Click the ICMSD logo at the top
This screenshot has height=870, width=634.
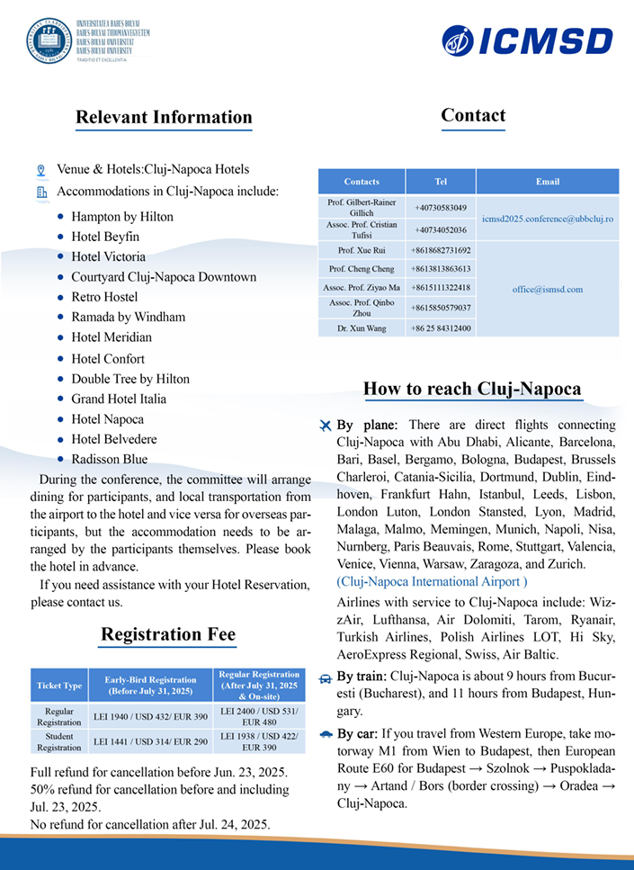pos(527,40)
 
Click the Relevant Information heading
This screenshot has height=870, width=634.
pos(164,117)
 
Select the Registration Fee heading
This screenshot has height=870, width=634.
pos(168,634)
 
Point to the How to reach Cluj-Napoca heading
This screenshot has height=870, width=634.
pos(472,389)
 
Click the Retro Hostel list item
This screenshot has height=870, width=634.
pos(104,297)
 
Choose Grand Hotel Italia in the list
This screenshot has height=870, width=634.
pos(119,399)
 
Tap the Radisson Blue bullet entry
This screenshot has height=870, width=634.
pos(109,459)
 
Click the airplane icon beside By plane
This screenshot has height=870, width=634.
pos(326,425)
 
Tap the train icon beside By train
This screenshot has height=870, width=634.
pos(326,677)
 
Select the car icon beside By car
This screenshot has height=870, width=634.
pos(326,734)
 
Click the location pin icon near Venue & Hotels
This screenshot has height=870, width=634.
pos(40,170)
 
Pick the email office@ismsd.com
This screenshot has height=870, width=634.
pos(548,289)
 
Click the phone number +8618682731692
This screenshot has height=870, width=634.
pos(441,250)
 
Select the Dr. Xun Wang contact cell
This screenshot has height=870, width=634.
pos(362,328)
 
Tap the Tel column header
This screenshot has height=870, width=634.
pos(441,182)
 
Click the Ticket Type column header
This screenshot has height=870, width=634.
pos(58,686)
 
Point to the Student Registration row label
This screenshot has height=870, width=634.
pos(58,741)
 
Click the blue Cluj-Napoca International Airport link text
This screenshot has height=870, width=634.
pos(432,581)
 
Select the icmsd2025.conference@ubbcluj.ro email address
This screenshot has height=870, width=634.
pos(548,219)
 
